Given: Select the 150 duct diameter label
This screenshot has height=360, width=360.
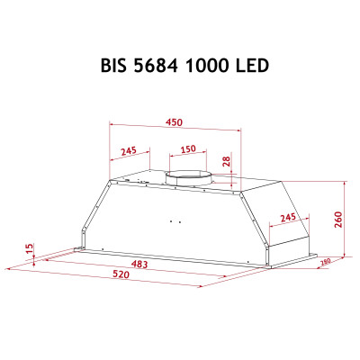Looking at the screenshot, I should [x=187, y=149].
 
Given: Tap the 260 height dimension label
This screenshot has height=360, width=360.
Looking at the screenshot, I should [x=339, y=220].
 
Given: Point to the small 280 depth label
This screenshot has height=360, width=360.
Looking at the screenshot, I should [x=325, y=262].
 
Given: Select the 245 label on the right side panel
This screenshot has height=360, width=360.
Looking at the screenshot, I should [x=288, y=218].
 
